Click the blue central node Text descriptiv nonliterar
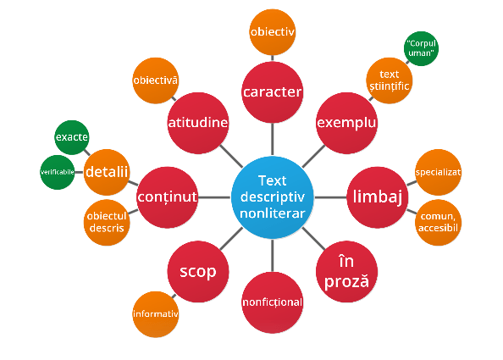(x=273, y=197)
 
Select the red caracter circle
(x=273, y=92)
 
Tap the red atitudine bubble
(x=198, y=123)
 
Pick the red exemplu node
(x=346, y=123)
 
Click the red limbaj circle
(x=378, y=197)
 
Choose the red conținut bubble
(x=167, y=197)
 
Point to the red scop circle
(x=198, y=271)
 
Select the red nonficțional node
(x=273, y=302)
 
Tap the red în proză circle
(x=346, y=271)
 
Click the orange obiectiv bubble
(x=273, y=32)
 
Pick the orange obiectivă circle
(x=156, y=80)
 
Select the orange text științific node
(x=390, y=80)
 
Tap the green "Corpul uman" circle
(x=421, y=48)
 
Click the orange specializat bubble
(x=438, y=172)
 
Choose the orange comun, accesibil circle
(x=438, y=222)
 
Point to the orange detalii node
(x=107, y=172)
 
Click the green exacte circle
(x=71, y=137)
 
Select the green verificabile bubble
(x=58, y=172)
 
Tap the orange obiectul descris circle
(x=107, y=222)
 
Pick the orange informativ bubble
(x=156, y=314)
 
